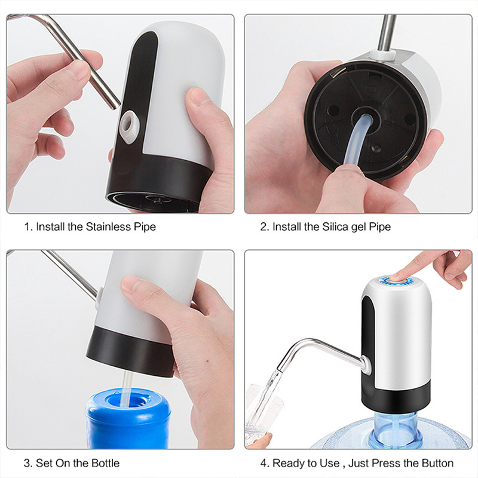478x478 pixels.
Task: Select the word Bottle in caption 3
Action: (x=105, y=463)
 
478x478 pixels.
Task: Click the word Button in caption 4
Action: (x=437, y=463)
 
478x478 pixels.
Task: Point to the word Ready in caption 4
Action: (x=287, y=463)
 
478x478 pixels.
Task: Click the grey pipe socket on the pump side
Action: (x=128, y=122)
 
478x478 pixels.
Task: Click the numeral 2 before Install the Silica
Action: (x=262, y=227)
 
